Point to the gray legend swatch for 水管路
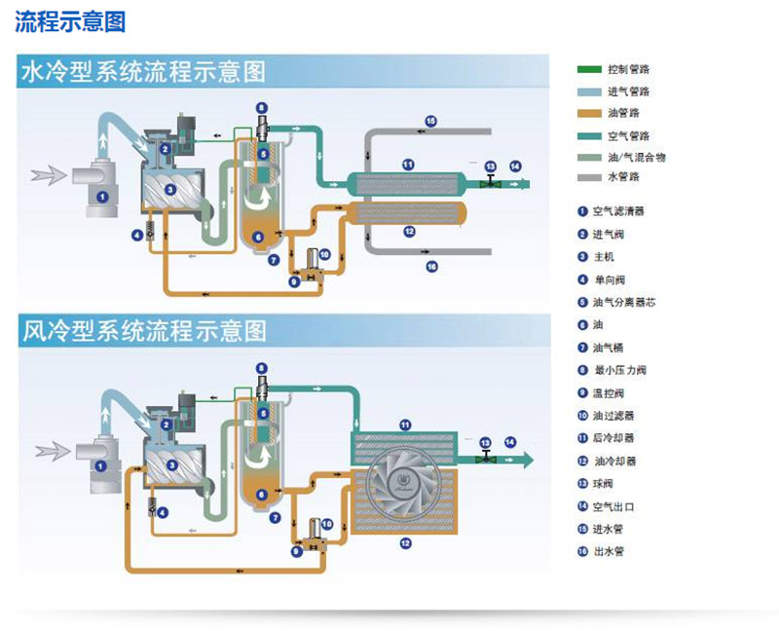click(590, 177)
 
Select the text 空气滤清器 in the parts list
click(618, 210)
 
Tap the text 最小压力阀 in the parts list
click(620, 370)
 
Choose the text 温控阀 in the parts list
click(610, 392)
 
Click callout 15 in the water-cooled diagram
click(430, 120)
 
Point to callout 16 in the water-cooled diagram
click(430, 265)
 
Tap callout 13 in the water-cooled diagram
click(490, 166)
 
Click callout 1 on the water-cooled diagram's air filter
click(100, 197)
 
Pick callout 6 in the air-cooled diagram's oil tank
click(260, 495)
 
